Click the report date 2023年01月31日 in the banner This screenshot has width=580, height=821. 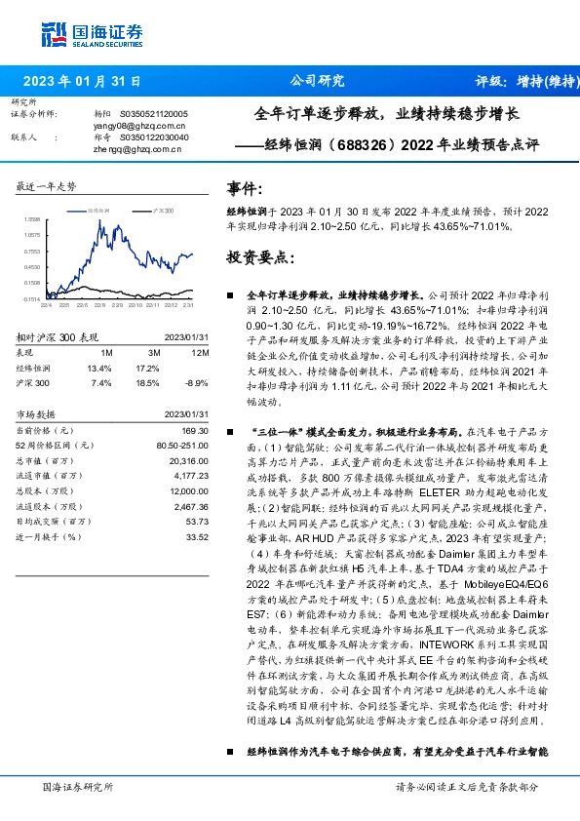82,81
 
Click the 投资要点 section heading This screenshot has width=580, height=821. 258,258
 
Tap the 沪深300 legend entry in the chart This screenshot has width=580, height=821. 163,210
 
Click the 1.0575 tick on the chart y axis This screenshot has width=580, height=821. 32,235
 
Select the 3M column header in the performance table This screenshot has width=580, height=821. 154,352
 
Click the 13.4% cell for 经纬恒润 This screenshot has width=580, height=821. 100,369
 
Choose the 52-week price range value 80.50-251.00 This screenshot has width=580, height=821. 181,445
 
